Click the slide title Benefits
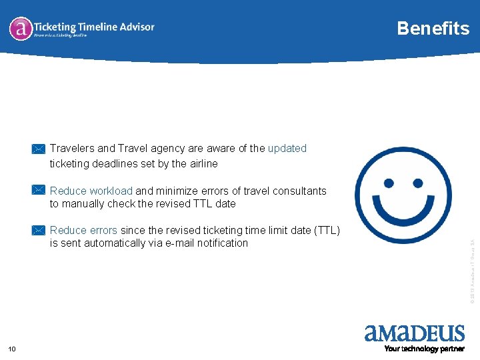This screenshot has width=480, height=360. pos(433,28)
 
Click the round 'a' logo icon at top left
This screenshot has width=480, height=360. pos(21,28)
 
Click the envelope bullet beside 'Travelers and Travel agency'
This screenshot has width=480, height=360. pos(39,149)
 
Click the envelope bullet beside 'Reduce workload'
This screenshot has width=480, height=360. pos(39,191)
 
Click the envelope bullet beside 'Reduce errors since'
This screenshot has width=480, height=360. pos(39,230)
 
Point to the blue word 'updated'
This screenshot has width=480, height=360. pos(287,148)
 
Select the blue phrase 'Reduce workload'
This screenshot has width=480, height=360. pos(91,191)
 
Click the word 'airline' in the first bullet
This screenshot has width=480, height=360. pos(203,163)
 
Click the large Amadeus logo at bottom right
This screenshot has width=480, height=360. pos(414,333)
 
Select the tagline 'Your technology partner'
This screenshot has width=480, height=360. pos(424,349)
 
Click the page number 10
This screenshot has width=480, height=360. pos(12,349)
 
